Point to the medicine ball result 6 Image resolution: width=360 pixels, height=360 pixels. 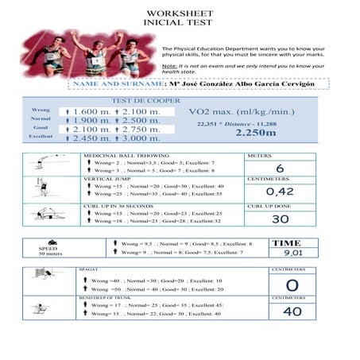tap(279, 168)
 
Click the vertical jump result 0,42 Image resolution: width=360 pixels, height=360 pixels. tap(280, 192)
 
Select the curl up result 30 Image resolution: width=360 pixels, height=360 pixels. tap(280, 219)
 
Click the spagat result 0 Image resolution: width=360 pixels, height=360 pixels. tap(292, 285)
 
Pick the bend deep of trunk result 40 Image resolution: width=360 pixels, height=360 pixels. tap(292, 312)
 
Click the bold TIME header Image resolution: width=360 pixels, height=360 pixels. tap(287, 242)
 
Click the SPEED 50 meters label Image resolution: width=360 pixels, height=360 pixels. tap(49, 249)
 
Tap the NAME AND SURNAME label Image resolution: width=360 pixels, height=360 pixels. tap(118, 83)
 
